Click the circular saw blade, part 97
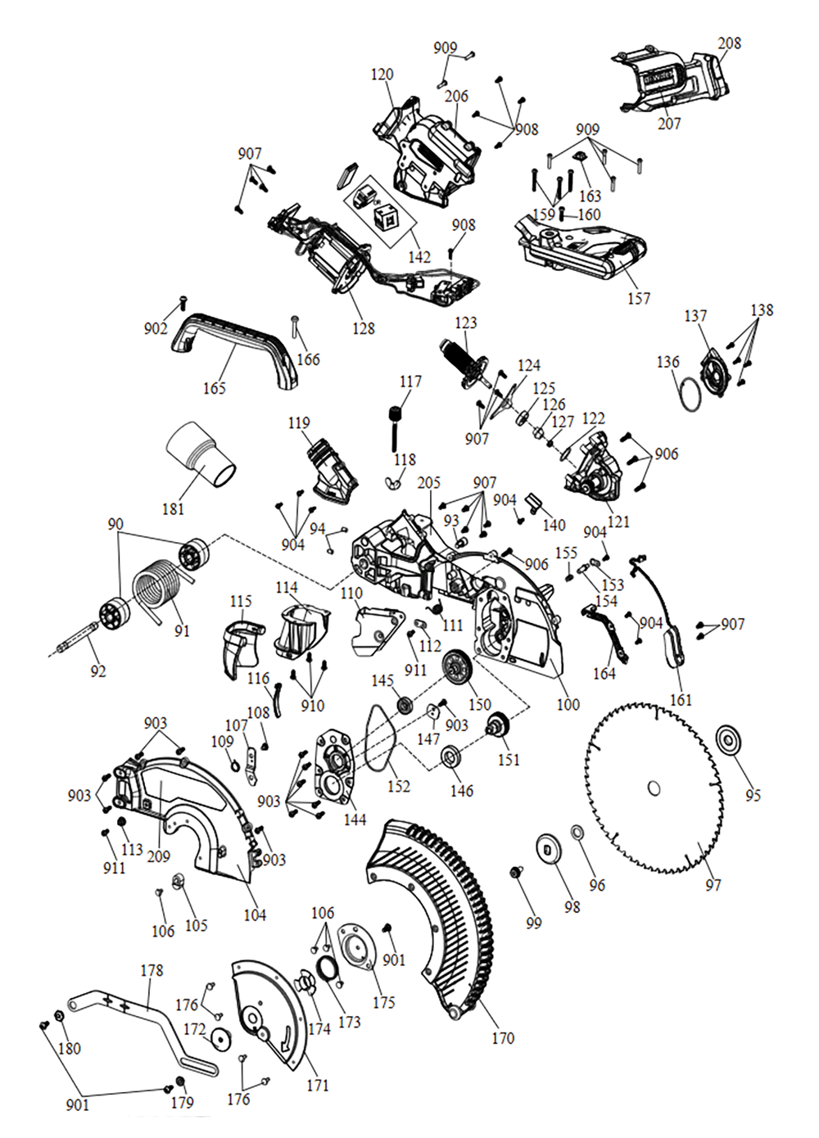(x=622, y=761)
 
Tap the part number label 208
(x=729, y=43)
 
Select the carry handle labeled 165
(x=233, y=340)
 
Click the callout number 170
(x=503, y=1038)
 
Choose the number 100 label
(x=568, y=704)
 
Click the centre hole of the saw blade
(x=654, y=788)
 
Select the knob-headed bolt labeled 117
(x=398, y=426)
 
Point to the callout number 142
(x=419, y=256)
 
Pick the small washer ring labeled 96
(x=577, y=833)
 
